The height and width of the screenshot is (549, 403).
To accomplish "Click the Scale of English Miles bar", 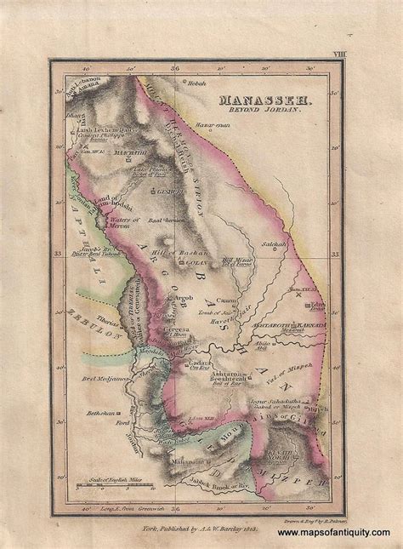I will (x=111, y=485).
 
